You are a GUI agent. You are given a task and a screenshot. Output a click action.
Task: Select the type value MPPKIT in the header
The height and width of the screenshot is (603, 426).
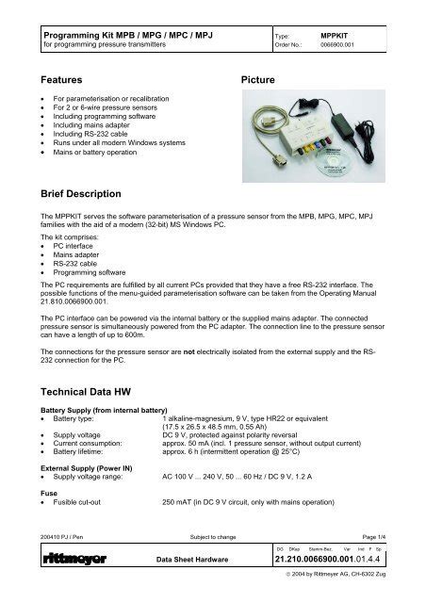(336, 31)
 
